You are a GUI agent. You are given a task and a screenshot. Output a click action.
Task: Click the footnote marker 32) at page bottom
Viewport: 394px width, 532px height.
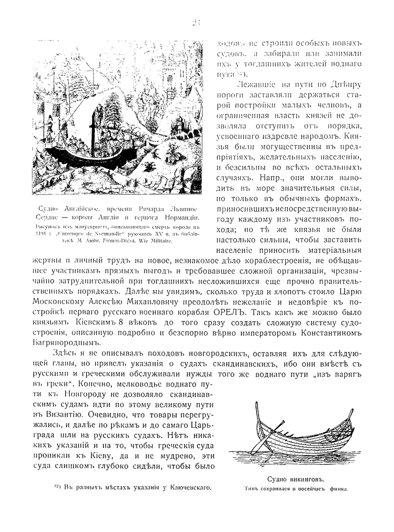[56, 487]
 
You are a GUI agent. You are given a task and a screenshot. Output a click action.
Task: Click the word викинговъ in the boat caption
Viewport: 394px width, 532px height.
[305, 478]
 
